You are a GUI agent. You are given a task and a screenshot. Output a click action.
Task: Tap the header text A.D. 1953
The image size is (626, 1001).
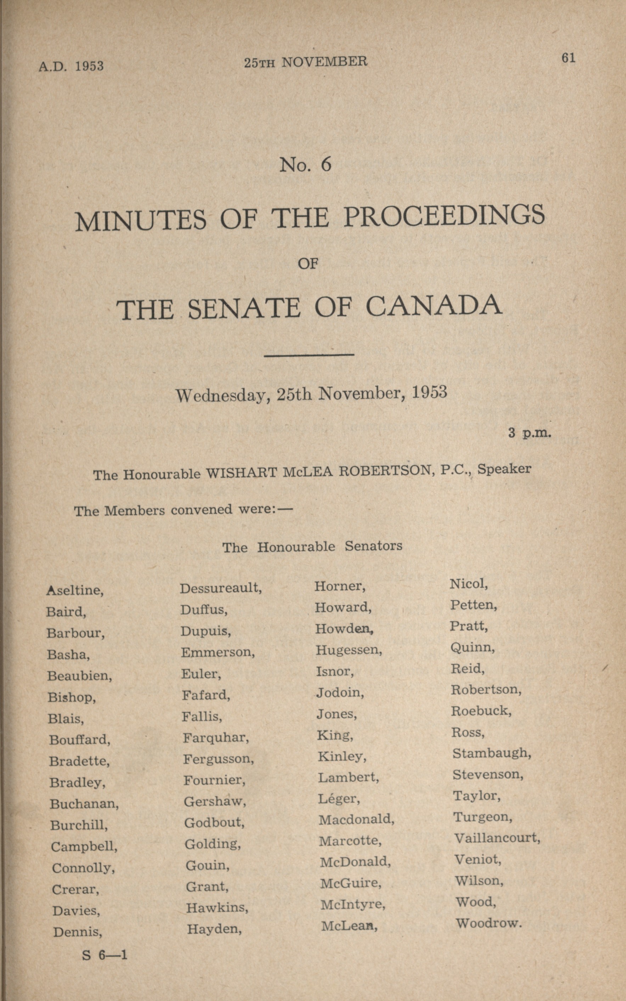(71, 66)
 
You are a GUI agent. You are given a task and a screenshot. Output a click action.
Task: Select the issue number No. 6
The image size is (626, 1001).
(305, 165)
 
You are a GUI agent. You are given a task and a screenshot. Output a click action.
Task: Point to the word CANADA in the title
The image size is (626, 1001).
(434, 307)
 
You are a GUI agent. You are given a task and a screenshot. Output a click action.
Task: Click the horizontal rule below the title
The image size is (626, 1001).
(309, 354)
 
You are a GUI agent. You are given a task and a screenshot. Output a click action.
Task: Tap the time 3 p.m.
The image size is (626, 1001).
(530, 433)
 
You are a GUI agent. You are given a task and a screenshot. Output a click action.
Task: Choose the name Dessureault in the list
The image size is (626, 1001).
(220, 588)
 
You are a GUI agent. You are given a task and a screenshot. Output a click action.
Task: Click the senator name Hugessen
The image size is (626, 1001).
(349, 650)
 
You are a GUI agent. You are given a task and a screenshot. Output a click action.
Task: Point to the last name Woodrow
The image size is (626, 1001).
(488, 923)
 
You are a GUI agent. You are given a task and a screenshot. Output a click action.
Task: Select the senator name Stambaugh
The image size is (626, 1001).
(491, 753)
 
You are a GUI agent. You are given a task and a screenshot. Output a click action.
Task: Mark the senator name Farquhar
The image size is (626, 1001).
(216, 738)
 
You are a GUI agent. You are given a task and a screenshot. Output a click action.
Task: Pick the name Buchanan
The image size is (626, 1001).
(84, 804)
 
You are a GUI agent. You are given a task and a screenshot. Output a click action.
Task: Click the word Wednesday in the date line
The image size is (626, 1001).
(223, 395)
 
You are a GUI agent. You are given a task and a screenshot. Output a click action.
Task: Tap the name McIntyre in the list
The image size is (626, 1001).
(353, 904)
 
